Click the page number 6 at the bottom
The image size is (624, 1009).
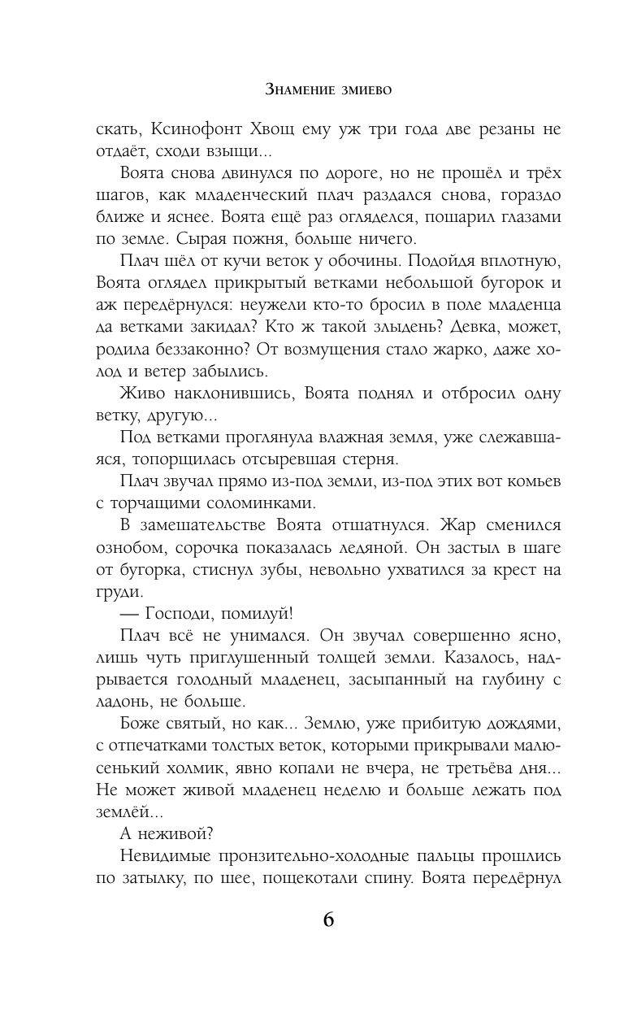click(328, 920)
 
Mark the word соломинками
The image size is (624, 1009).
click(245, 502)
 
